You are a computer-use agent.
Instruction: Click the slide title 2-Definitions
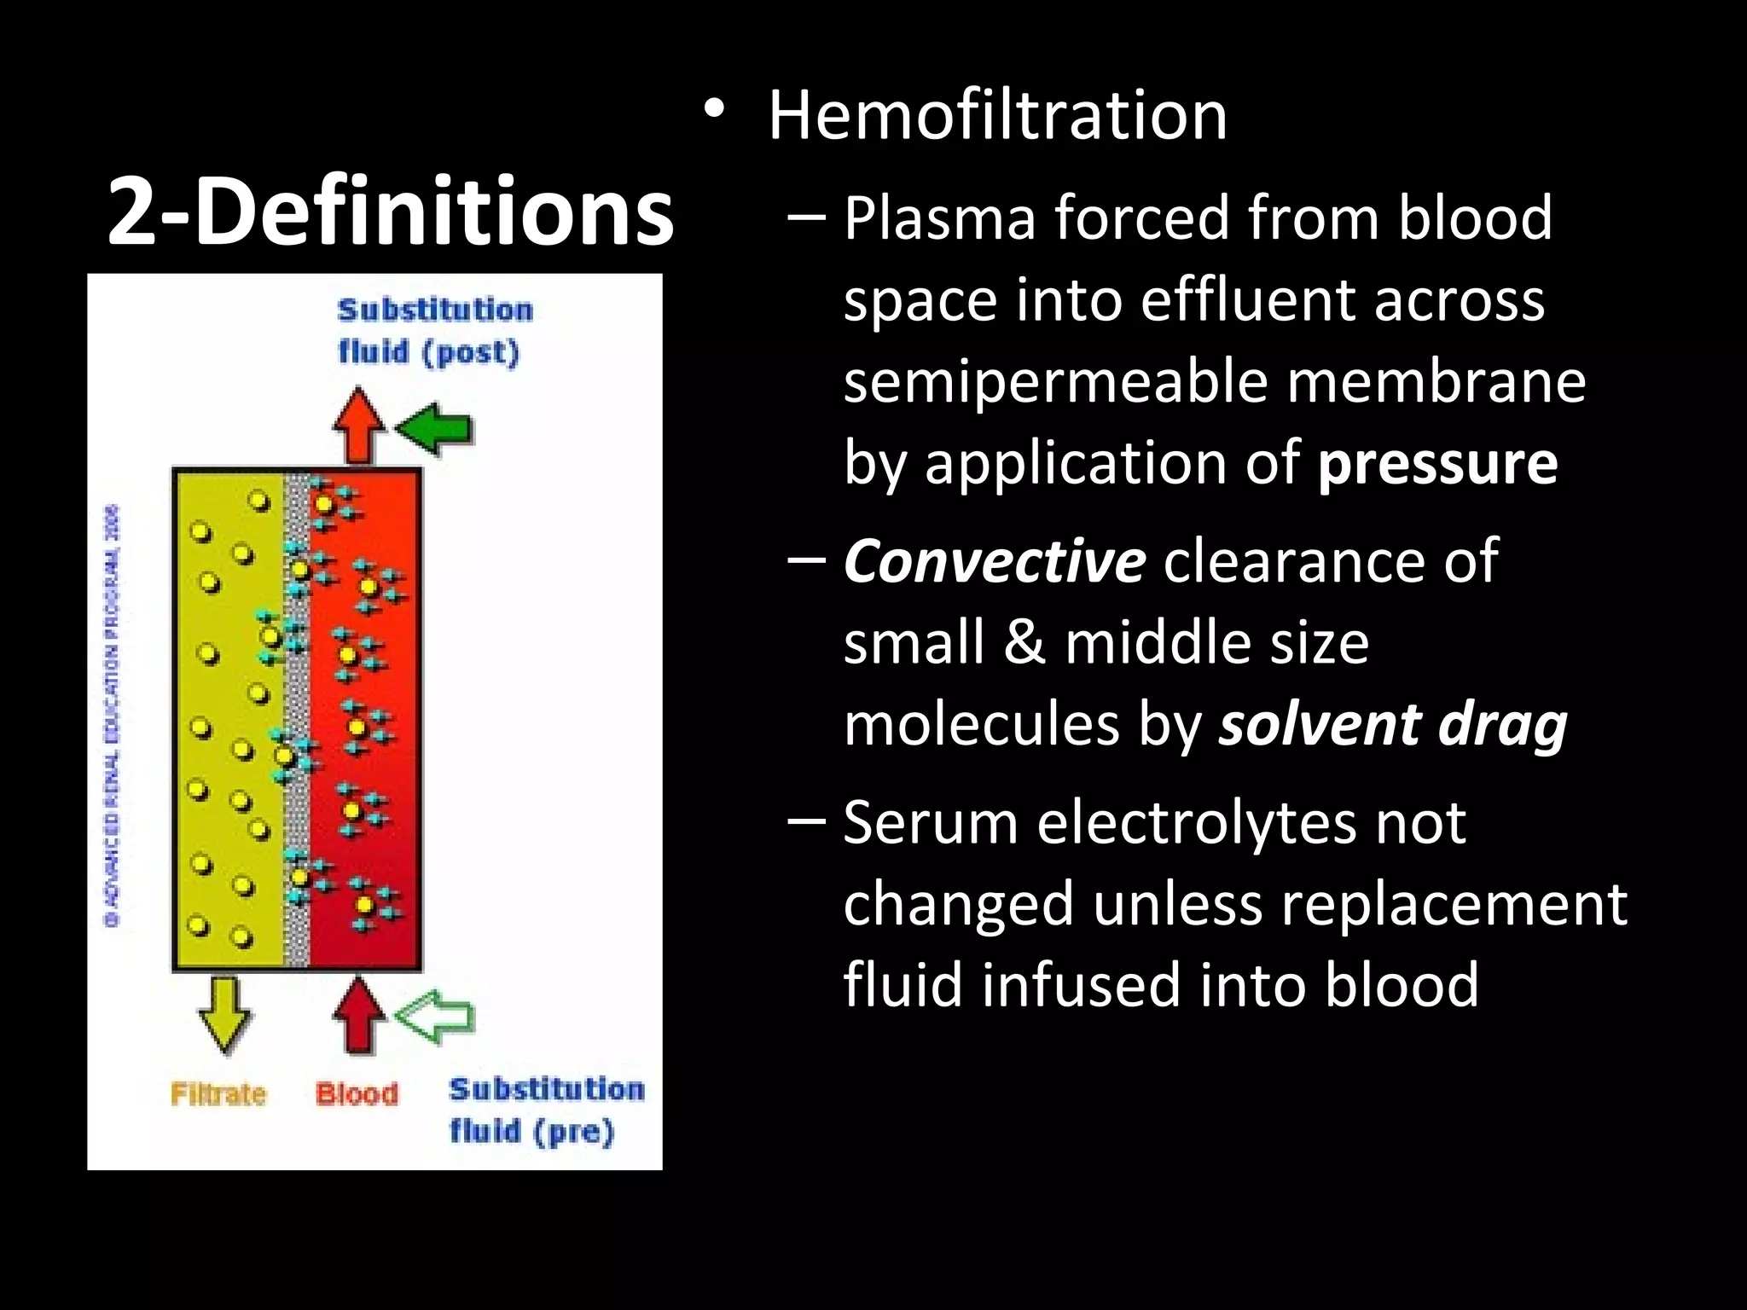pos(390,210)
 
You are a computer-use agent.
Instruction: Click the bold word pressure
pos(1437,462)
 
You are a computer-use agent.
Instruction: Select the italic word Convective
pos(994,561)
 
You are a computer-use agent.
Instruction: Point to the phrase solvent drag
pos(1392,724)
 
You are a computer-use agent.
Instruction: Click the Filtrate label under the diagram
pos(218,1094)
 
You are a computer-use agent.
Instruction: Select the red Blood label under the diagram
pos(357,1094)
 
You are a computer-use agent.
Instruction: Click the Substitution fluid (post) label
pos(434,331)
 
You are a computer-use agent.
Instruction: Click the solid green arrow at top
pos(435,429)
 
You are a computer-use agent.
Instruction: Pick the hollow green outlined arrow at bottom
pos(435,1017)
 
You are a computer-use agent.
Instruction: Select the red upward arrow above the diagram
pos(359,425)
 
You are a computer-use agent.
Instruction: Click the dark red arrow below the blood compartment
pos(359,1015)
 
